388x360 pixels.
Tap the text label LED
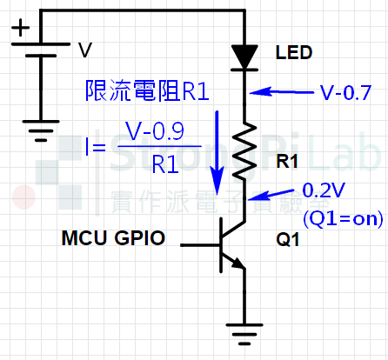click(x=294, y=53)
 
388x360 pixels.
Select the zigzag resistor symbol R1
click(x=244, y=151)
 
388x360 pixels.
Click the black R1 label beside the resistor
click(x=287, y=162)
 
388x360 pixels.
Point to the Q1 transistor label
click(x=288, y=240)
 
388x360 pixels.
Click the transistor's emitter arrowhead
click(x=238, y=263)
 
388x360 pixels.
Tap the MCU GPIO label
click(x=113, y=238)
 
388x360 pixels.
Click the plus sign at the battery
click(x=20, y=28)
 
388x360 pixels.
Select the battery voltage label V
click(x=85, y=50)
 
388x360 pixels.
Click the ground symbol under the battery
click(x=41, y=130)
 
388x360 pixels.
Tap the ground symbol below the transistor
click(x=244, y=334)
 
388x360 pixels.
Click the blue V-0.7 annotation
click(x=345, y=93)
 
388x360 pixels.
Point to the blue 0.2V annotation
click(x=324, y=190)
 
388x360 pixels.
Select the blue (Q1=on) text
click(x=343, y=218)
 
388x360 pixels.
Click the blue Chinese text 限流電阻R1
click(x=147, y=90)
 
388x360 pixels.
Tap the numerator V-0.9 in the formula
click(x=155, y=131)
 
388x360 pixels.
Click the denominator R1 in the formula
click(x=165, y=164)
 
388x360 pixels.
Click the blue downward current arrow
click(x=217, y=152)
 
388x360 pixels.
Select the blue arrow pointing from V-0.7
click(x=282, y=92)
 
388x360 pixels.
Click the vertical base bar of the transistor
click(x=221, y=245)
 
